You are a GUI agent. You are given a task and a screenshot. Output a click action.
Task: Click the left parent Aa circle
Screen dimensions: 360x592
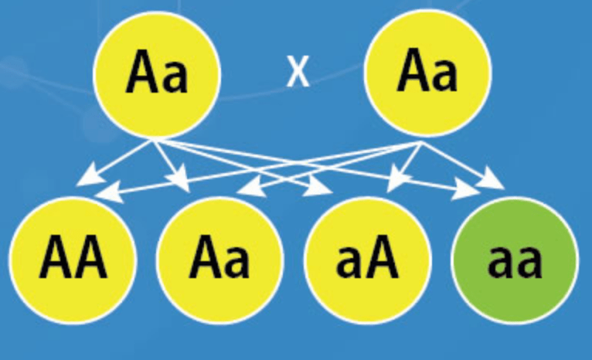pyautogui.click(x=157, y=74)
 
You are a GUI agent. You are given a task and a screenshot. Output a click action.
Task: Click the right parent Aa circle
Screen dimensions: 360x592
pyautogui.click(x=427, y=74)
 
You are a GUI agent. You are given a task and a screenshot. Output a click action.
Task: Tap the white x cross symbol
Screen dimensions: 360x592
pyautogui.click(x=298, y=74)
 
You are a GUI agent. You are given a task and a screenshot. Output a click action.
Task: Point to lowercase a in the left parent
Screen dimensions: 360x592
pyautogui.click(x=175, y=79)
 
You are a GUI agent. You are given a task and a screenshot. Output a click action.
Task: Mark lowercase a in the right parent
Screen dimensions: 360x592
pyautogui.click(x=445, y=79)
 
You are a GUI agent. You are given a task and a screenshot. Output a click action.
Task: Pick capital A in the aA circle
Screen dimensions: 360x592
pyautogui.click(x=382, y=260)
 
